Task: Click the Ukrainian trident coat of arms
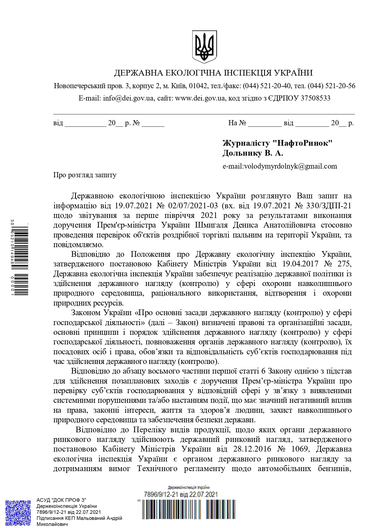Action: [x=204, y=47]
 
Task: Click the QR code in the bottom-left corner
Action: [x=18, y=513]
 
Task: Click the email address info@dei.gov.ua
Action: [x=128, y=98]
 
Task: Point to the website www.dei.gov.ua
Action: [x=200, y=98]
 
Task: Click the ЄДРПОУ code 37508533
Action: [x=316, y=98]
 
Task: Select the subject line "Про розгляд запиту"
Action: [x=85, y=175]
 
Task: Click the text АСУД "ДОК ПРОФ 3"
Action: [x=61, y=500]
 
